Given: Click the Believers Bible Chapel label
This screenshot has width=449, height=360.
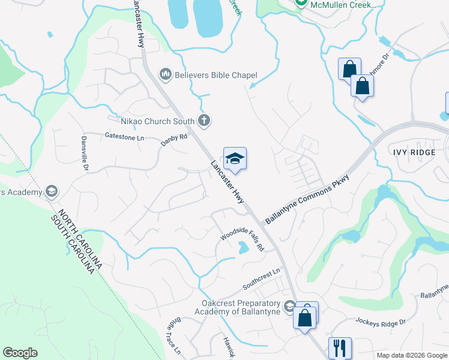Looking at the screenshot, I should pyautogui.click(x=215, y=75).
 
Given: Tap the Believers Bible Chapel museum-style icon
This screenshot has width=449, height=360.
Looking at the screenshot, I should pyautogui.click(x=165, y=74).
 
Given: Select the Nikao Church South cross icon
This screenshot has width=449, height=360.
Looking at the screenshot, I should pyautogui.click(x=204, y=121).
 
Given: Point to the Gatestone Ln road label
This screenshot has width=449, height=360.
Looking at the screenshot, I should pyautogui.click(x=125, y=137).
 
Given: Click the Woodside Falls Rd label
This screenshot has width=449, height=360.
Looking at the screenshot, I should pyautogui.click(x=242, y=238).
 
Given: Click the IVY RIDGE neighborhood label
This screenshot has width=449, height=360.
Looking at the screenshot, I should pyautogui.click(x=414, y=152).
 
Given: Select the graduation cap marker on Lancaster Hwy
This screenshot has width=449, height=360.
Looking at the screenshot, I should pyautogui.click(x=235, y=158).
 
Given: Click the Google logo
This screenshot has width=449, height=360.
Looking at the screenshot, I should pyautogui.click(x=20, y=353).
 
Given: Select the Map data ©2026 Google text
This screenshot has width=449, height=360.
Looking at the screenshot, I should pyautogui.click(x=412, y=355).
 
